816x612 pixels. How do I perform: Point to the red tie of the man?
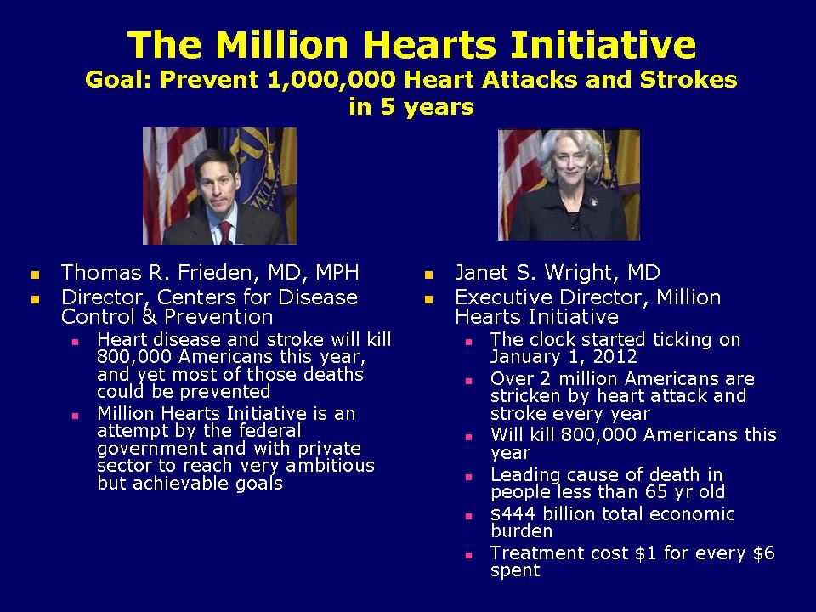pyautogui.click(x=226, y=231)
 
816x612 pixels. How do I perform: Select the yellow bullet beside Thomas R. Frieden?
pyautogui.click(x=35, y=275)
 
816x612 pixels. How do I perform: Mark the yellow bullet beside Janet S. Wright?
pyautogui.click(x=429, y=275)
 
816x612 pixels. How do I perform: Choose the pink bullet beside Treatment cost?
pyautogui.click(x=468, y=555)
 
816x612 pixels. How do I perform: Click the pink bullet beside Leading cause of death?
pyautogui.click(x=468, y=478)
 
